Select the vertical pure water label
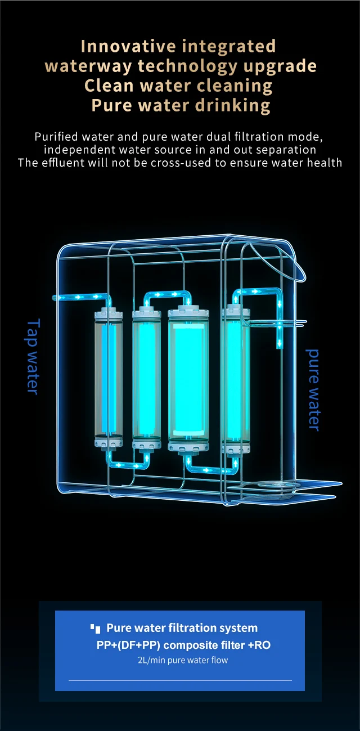[313, 389]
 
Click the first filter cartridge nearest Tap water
[109, 378]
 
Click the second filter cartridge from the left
[146, 378]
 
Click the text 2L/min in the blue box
[148, 660]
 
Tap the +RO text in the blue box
[259, 645]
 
